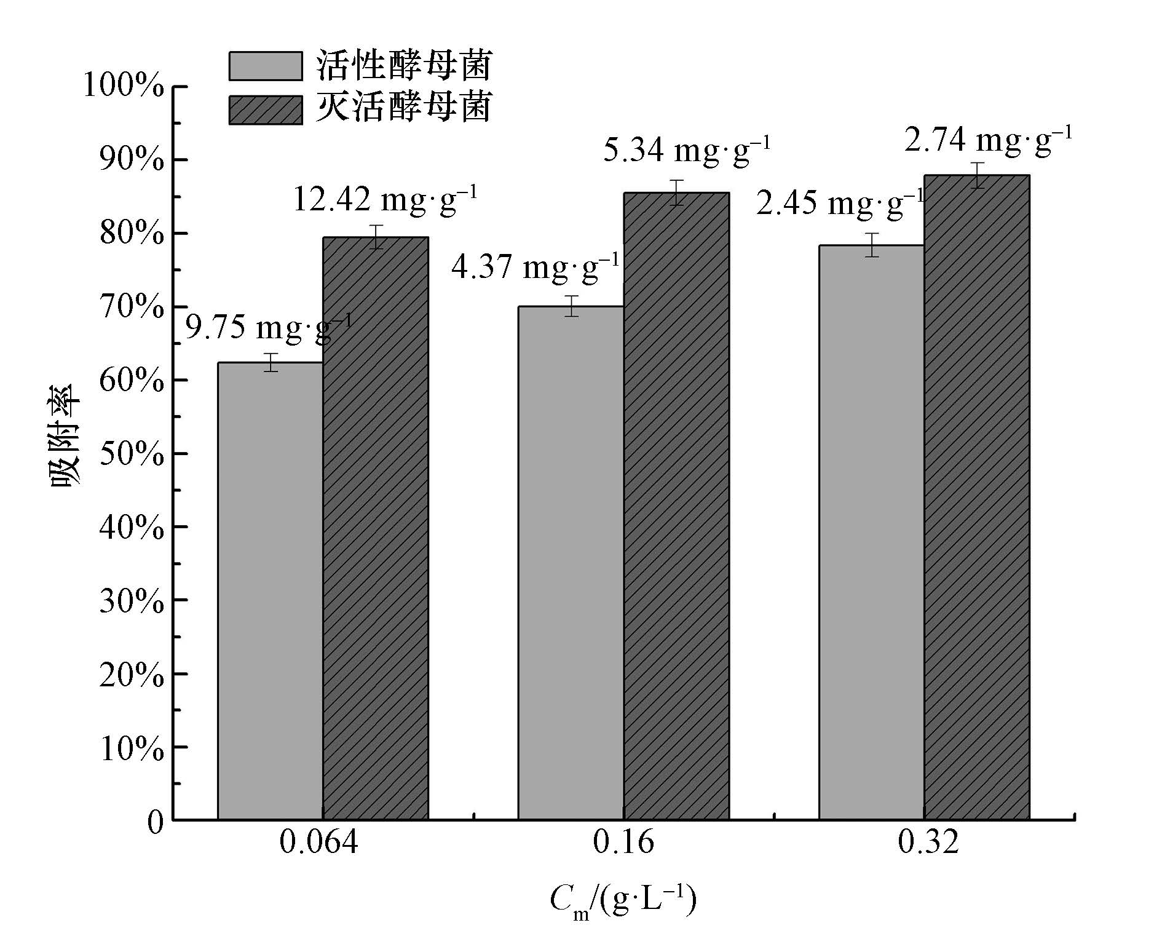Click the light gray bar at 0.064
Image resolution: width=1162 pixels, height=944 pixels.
tap(271, 590)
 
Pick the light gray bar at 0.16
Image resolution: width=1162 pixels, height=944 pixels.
tap(571, 563)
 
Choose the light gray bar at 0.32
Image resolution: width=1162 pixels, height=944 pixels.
tap(871, 532)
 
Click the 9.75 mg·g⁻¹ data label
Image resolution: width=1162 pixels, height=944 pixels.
tap(269, 327)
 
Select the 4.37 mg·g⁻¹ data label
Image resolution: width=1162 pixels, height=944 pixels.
tap(536, 267)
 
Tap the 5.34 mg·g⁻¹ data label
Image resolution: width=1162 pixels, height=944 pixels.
tap(686, 149)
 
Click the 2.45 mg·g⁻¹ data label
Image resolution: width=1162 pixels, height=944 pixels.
tap(840, 203)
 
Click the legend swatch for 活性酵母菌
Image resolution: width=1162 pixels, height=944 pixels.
tap(266, 66)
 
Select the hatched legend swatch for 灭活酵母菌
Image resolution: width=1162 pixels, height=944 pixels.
tap(266, 110)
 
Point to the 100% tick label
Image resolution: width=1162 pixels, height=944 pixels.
tap(124, 85)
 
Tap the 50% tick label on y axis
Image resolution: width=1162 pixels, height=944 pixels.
tap(132, 454)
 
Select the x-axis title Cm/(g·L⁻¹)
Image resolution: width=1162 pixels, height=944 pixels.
tap(623, 902)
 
